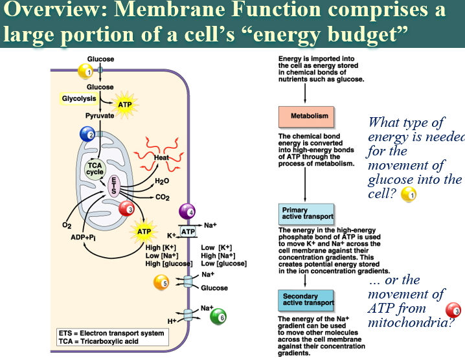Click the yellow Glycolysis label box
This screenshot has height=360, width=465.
point(79,98)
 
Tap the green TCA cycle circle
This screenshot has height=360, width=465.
point(95,169)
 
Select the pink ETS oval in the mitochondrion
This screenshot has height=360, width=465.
point(114,186)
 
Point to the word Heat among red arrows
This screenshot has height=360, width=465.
point(161,157)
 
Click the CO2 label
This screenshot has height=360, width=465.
point(163,197)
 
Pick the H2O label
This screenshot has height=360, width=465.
point(162,181)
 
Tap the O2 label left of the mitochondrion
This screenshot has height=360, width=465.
point(67,225)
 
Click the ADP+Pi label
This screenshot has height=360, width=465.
point(83,238)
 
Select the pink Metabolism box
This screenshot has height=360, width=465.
point(306,117)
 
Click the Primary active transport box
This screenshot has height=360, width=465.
point(306,214)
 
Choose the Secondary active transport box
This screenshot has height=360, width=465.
point(306,300)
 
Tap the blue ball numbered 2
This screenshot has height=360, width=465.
point(87,134)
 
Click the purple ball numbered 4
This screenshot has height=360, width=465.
point(187,212)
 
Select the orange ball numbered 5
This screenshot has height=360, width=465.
point(161,282)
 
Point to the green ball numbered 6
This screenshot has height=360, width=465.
point(218,317)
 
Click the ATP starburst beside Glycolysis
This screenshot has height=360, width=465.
point(125,105)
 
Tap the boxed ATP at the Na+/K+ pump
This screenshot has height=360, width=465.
point(188,232)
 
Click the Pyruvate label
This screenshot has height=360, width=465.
point(100,116)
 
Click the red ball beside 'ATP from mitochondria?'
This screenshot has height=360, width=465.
point(453,311)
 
